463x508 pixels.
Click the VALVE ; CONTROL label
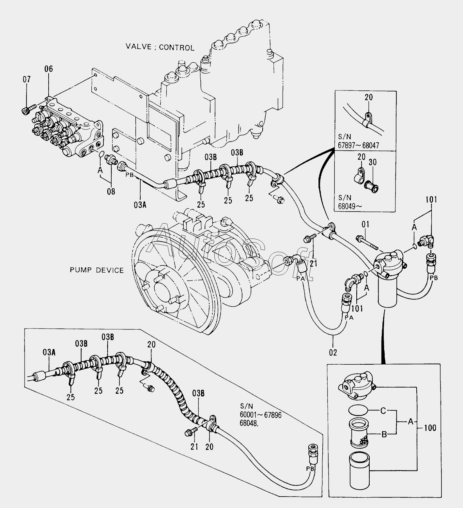click(x=160, y=47)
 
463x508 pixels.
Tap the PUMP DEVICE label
click(x=97, y=270)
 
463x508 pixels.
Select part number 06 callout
click(x=49, y=69)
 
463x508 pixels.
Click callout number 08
click(x=111, y=191)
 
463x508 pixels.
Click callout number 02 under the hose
click(x=333, y=353)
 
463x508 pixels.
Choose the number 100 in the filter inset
click(x=430, y=427)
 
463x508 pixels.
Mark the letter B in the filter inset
click(x=384, y=434)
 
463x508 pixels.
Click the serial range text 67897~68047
click(x=359, y=146)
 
